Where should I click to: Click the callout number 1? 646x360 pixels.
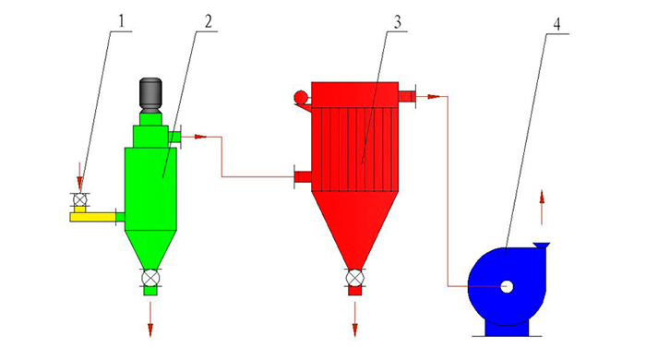coord(121,21)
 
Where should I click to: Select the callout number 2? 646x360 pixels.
coord(209,21)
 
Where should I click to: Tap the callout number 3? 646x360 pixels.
coord(397,22)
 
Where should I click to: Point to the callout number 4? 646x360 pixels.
coord(556,24)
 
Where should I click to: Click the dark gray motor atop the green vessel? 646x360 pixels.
coord(150,95)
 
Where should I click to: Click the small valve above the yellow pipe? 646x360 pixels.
coord(78,200)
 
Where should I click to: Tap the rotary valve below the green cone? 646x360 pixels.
coord(150,278)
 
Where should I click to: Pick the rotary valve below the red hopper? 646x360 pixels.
coord(354,278)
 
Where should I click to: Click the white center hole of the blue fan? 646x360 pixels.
coord(507,287)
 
